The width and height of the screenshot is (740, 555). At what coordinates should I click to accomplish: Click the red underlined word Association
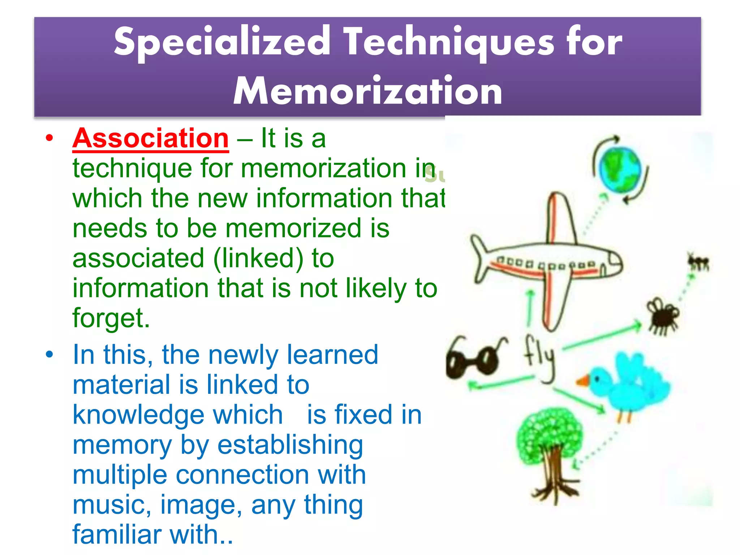click(x=150, y=138)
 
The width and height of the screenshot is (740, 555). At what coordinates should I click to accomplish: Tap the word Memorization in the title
click(x=367, y=91)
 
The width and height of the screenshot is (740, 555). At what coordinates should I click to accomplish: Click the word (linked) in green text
click(x=258, y=258)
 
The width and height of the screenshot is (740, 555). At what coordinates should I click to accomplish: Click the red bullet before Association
click(x=50, y=138)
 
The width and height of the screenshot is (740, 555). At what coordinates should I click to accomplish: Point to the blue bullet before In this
click(x=50, y=354)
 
